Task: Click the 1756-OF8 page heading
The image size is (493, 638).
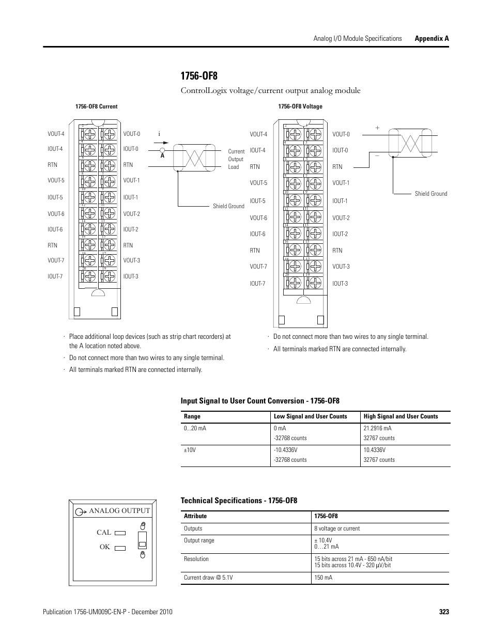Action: point(199,76)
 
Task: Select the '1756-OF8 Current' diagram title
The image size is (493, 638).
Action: point(96,107)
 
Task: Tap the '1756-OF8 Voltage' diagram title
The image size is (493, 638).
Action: point(300,107)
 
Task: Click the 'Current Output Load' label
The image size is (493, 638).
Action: point(236,159)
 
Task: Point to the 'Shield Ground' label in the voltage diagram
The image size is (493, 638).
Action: point(430,194)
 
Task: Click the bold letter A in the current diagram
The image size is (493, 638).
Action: point(162,155)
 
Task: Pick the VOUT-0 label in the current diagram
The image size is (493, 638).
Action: point(131,134)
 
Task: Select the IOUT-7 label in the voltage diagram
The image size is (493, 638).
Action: point(257,284)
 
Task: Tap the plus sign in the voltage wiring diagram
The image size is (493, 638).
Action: point(377,128)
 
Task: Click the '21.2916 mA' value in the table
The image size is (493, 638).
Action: point(377,428)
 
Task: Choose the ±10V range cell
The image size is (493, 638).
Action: point(190,450)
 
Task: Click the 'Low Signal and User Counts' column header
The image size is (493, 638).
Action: point(310,416)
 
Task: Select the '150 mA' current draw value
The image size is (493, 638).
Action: point(323,578)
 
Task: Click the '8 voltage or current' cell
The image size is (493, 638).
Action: point(337,528)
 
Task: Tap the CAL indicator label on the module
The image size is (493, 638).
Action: point(104,532)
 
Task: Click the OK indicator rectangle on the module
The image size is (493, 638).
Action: point(120,548)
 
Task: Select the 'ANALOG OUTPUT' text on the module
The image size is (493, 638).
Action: point(119,510)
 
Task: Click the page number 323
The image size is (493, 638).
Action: point(444,612)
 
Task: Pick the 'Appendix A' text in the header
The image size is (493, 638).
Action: point(432,39)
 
